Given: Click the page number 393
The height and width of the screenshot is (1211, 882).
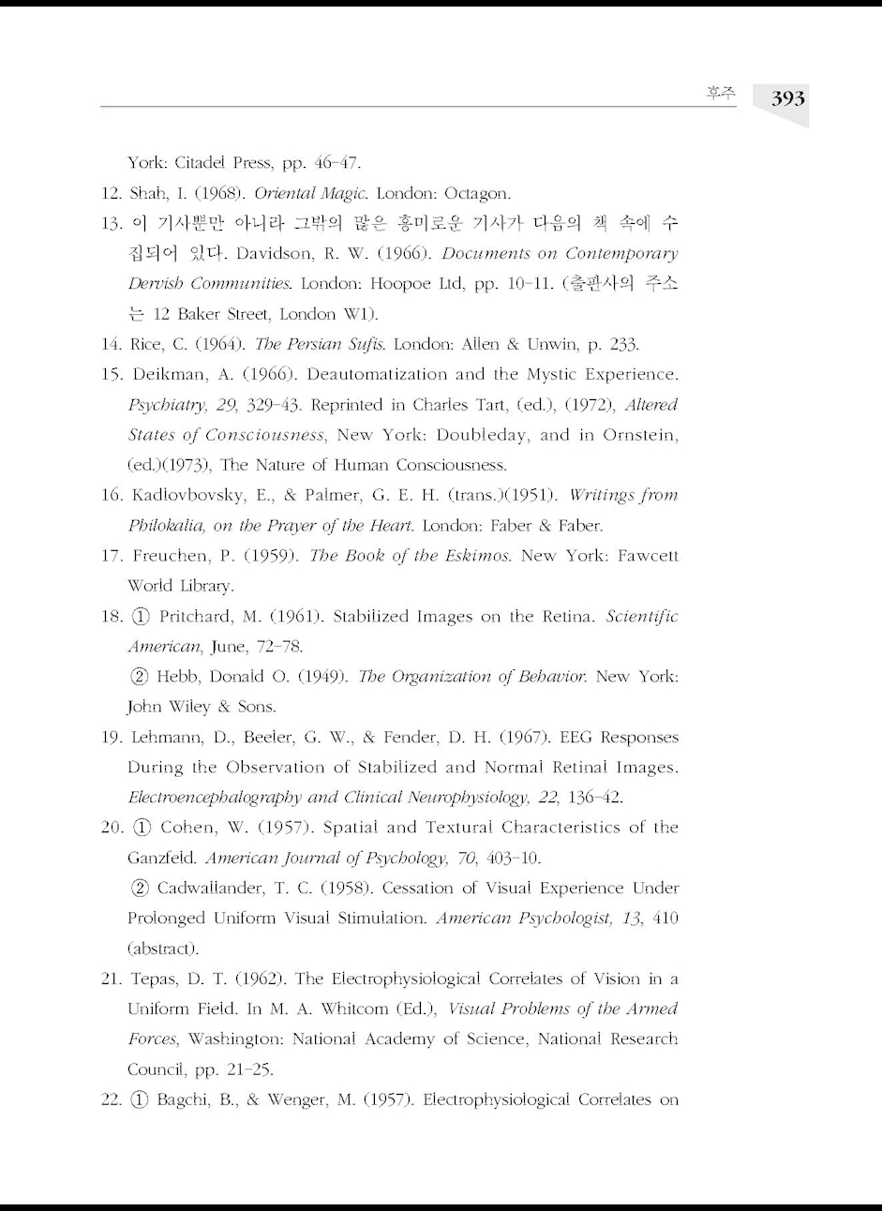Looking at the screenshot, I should point(787,98).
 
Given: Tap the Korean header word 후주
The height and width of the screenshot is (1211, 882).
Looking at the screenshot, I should point(721,93).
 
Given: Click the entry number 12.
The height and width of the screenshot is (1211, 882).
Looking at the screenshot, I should point(112,194).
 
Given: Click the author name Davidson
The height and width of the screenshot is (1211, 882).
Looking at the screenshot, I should point(277,254).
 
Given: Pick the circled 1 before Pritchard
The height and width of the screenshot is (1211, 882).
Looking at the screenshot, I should point(142,617).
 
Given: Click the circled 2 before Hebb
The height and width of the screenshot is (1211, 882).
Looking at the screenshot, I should point(142,677).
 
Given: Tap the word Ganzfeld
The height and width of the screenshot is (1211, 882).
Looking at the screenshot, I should point(161,858).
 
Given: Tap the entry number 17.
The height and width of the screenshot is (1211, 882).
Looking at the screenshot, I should point(112,556).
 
